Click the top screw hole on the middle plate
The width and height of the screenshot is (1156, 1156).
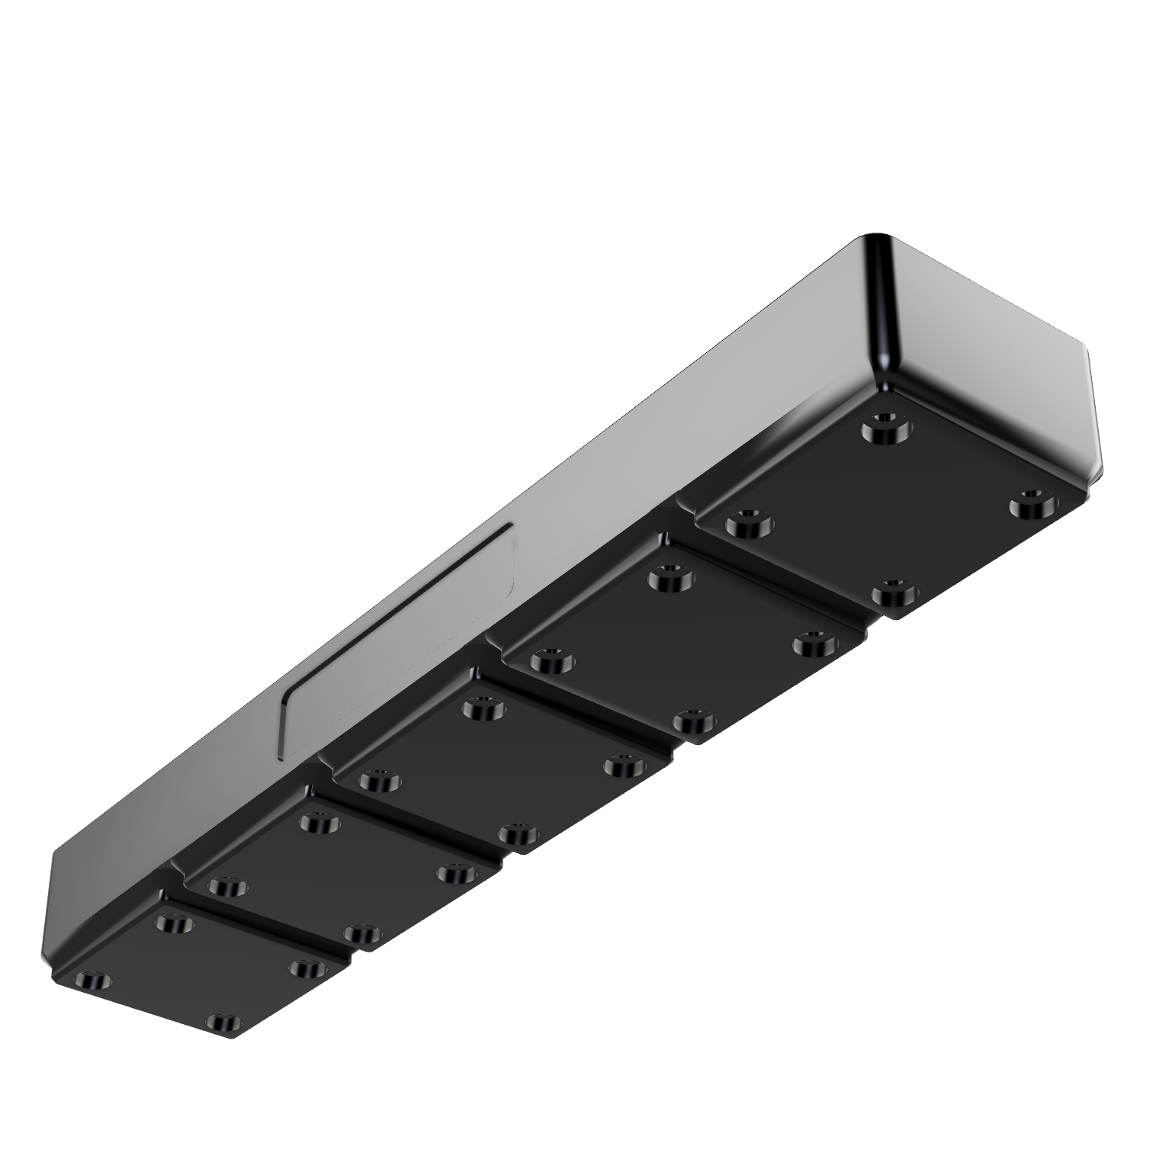pos(482,711)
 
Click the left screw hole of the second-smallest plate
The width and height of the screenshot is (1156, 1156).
pos(227,886)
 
